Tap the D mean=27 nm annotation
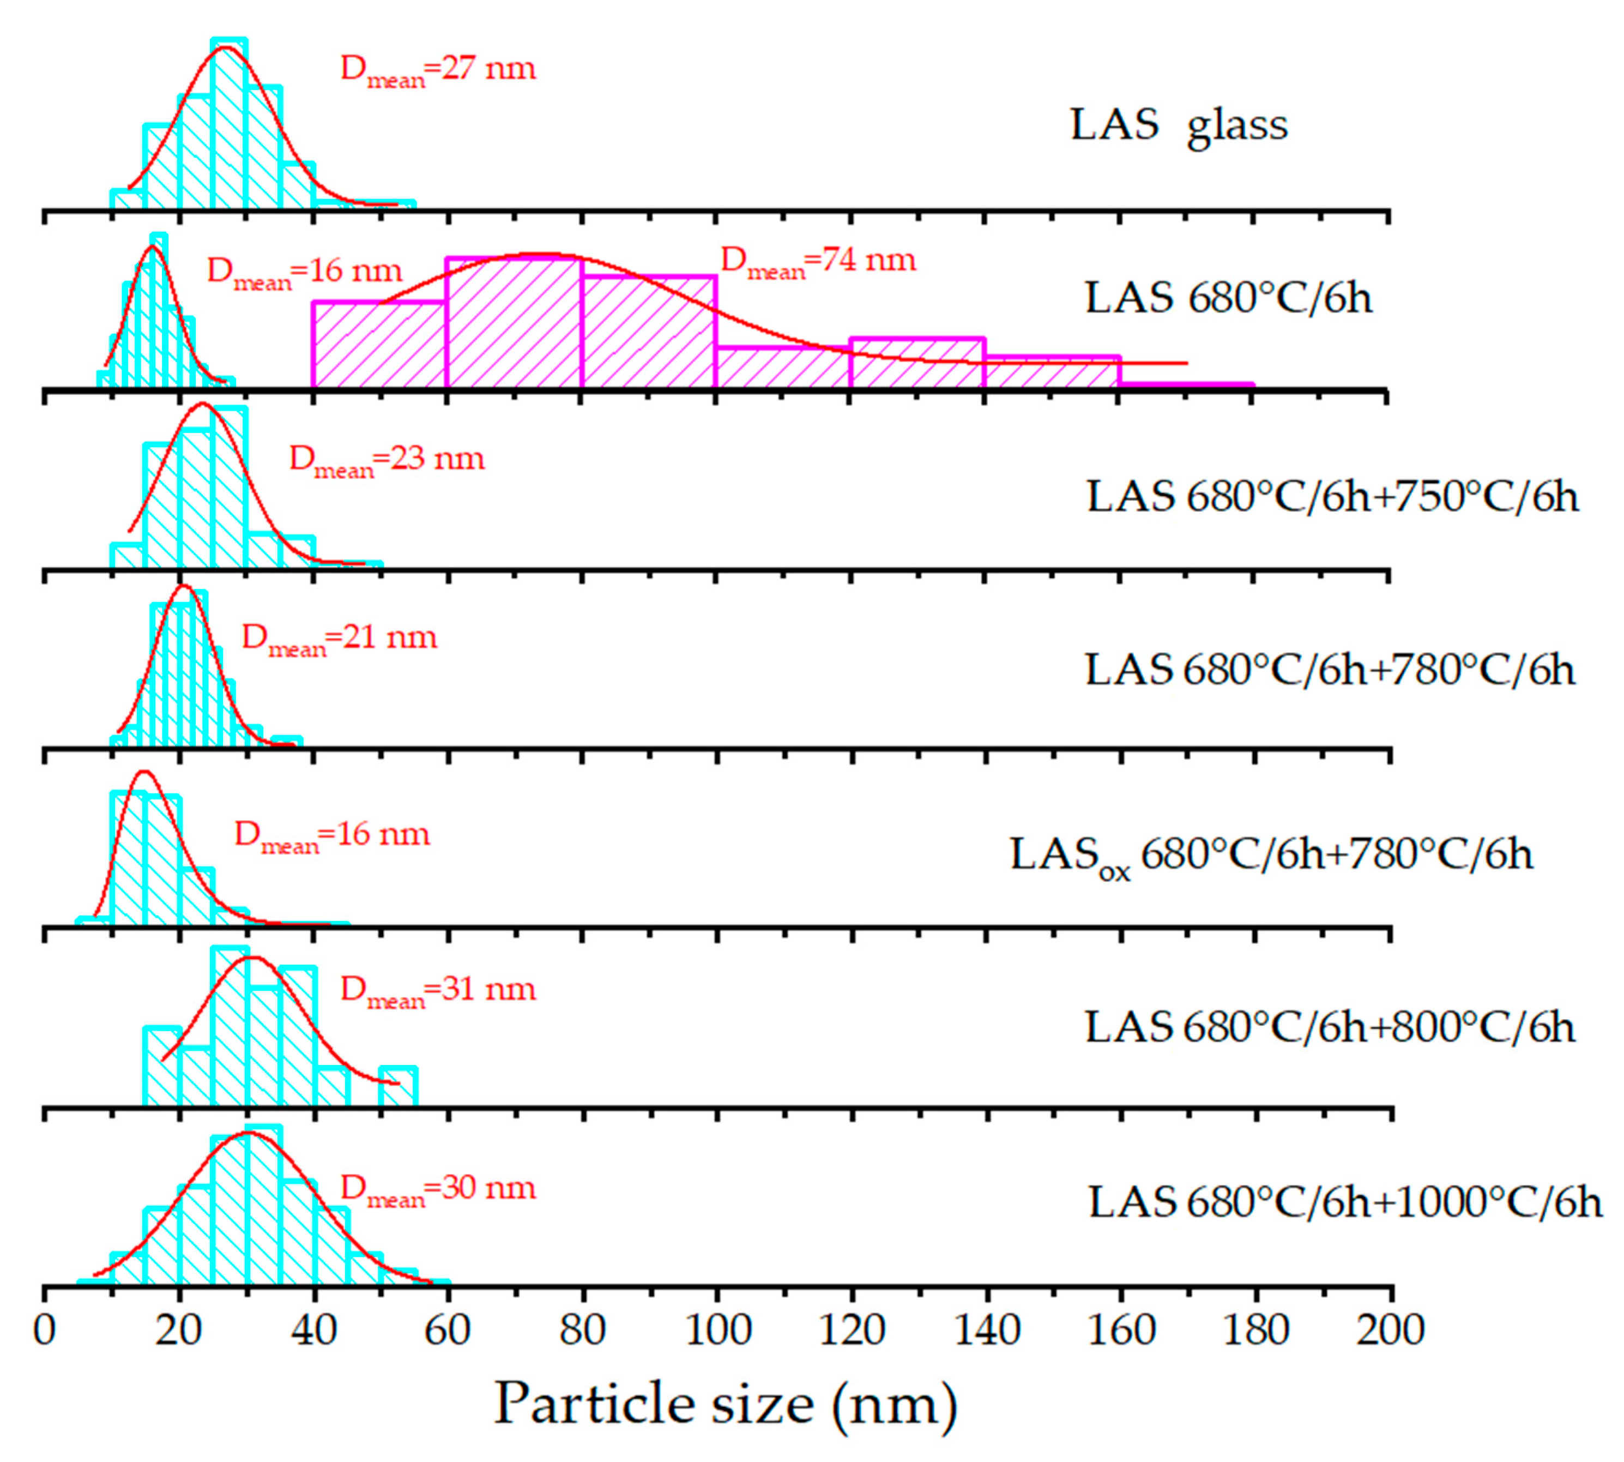tap(438, 71)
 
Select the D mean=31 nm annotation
tap(438, 991)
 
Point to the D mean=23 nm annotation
tap(387, 461)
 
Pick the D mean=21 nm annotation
tap(339, 640)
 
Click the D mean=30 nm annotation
tap(438, 1190)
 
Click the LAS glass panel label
tap(1178, 126)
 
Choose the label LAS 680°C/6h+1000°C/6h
tap(1344, 1204)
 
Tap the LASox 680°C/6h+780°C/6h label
tap(1271, 856)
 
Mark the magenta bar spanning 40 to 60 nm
tap(379, 345)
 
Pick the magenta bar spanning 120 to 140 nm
tap(917, 363)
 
